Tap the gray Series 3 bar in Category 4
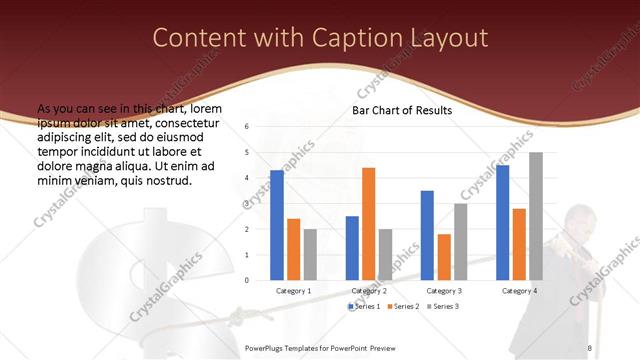[536, 216]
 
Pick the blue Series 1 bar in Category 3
[427, 235]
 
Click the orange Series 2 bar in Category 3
[444, 257]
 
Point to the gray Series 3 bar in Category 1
[310, 254]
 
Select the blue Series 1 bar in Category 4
[503, 222]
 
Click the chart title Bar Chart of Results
[401, 110]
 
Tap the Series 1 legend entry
[365, 306]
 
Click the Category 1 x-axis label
[293, 290]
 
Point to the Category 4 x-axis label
[519, 290]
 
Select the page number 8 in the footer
[590, 347]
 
